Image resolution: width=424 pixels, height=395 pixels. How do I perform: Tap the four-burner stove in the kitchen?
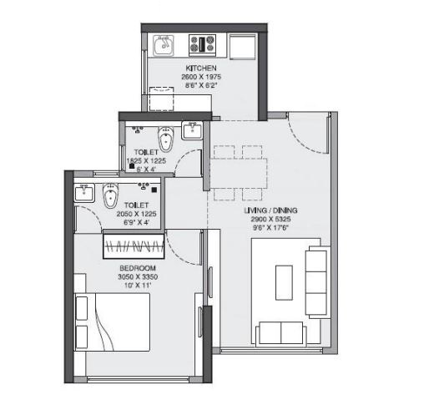pyautogui.click(x=203, y=43)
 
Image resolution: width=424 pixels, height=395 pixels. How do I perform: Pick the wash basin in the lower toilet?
pyautogui.click(x=83, y=194)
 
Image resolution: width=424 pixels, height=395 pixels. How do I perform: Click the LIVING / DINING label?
pyautogui.click(x=270, y=210)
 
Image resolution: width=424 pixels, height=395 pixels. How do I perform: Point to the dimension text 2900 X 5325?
pyautogui.click(x=270, y=219)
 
